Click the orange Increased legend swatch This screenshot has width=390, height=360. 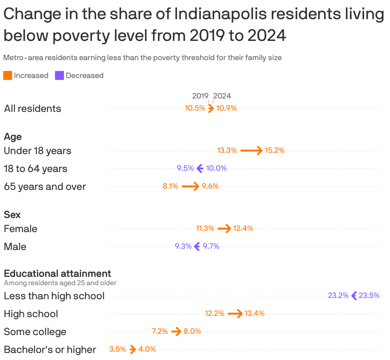pos(8,75)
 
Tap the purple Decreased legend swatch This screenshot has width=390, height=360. pos(59,75)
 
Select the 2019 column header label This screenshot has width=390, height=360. pos(200,96)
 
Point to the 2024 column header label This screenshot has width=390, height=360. pos(222,96)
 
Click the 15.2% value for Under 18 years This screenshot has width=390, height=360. pos(275,150)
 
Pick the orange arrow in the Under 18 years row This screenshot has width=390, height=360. pos(251,150)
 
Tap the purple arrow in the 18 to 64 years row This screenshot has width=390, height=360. pos(200,168)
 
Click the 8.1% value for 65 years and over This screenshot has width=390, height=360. pos(170,186)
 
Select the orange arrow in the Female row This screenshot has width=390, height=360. pos(224,228)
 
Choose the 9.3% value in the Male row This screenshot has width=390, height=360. pos(183,246)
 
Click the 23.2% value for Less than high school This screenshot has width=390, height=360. pos(338,295)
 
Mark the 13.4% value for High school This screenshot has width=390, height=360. pos(254,313)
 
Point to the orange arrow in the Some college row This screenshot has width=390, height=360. pos(176,331)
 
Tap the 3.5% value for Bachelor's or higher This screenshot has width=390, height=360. pos(118,349)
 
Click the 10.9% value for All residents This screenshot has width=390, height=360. pos(226,108)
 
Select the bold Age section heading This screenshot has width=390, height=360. pos(13,137)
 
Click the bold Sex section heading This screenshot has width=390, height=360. pos(12,215)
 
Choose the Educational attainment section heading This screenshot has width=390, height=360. pos(58,274)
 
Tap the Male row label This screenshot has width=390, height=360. pos(15,247)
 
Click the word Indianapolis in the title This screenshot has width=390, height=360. pos(221,14)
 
